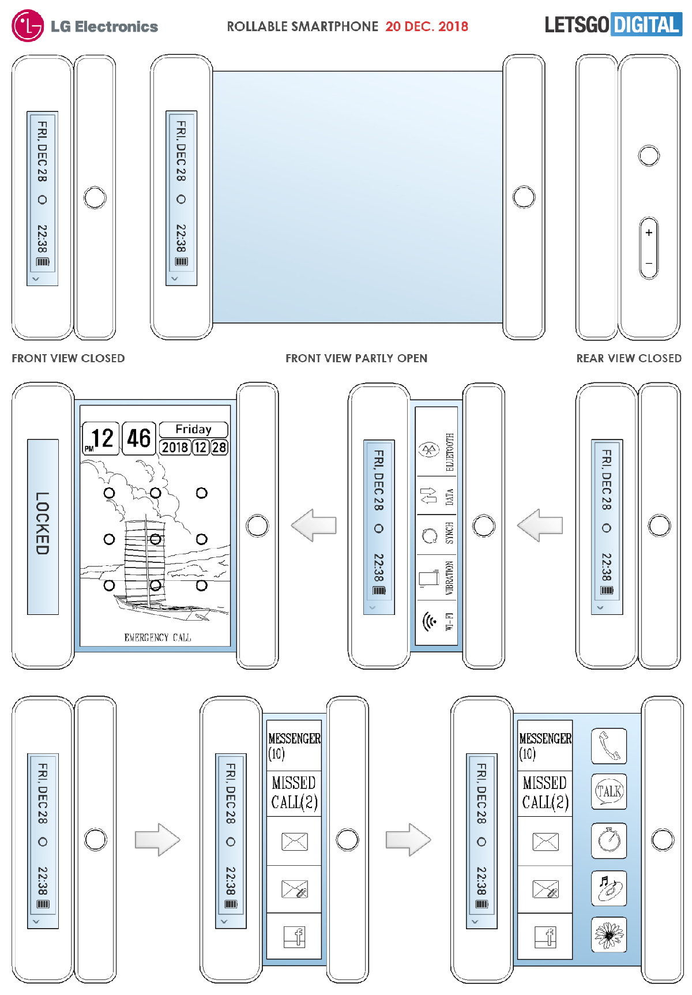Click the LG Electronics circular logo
click(x=27, y=26)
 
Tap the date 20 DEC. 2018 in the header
click(x=427, y=27)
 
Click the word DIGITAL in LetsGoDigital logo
click(x=646, y=25)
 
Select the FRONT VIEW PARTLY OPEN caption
click(x=356, y=358)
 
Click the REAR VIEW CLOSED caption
click(x=629, y=358)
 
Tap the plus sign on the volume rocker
click(x=649, y=232)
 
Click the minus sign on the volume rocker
click(x=649, y=264)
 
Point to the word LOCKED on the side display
click(x=43, y=523)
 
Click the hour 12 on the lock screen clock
click(x=102, y=438)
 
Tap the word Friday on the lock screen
click(x=194, y=429)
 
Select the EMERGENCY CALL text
click(x=157, y=637)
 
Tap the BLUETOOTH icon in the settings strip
click(x=428, y=450)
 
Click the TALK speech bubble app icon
click(x=609, y=791)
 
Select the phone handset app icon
click(x=609, y=745)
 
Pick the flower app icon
click(x=609, y=934)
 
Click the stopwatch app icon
click(x=609, y=839)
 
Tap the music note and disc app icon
click(x=609, y=887)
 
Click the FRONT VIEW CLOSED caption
click(x=68, y=358)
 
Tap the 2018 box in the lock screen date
click(x=175, y=447)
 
